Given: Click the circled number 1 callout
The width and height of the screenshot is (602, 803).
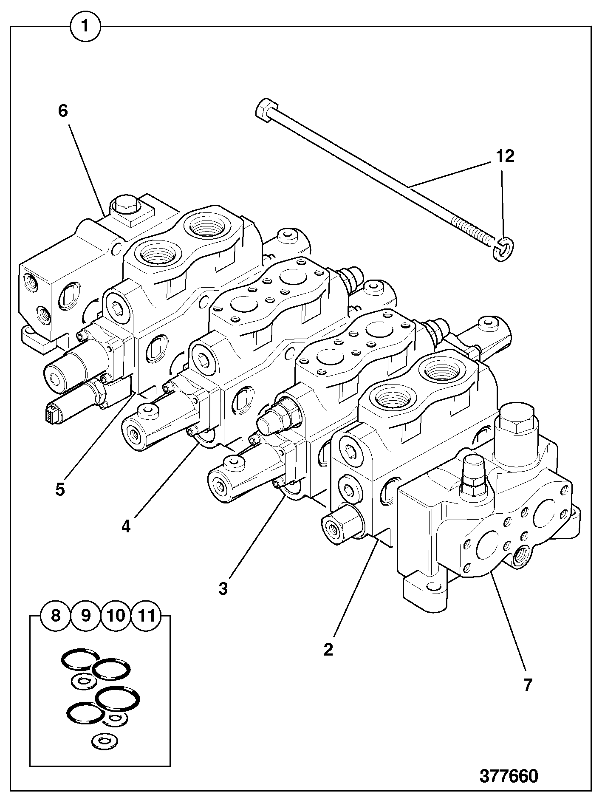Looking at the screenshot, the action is pos(85,26).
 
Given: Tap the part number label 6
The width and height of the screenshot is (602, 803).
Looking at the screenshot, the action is pos(63,111).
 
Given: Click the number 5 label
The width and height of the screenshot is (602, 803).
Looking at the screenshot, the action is pos(60,489).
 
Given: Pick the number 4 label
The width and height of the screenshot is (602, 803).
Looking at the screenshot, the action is pos(126,527).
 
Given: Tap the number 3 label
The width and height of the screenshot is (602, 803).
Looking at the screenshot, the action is pos(223,589).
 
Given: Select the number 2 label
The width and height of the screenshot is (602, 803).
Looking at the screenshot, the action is pos(328,650).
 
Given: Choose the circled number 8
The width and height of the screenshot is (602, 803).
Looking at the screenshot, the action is pos(56,616).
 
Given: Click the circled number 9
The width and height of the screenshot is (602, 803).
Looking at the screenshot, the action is pos(86,616).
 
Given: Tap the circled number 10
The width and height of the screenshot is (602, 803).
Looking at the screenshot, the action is pos(116,616).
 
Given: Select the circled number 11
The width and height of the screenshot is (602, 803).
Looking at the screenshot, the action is pos(147,616).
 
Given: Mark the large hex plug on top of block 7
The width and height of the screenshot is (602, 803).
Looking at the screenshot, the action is pos(516,418).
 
